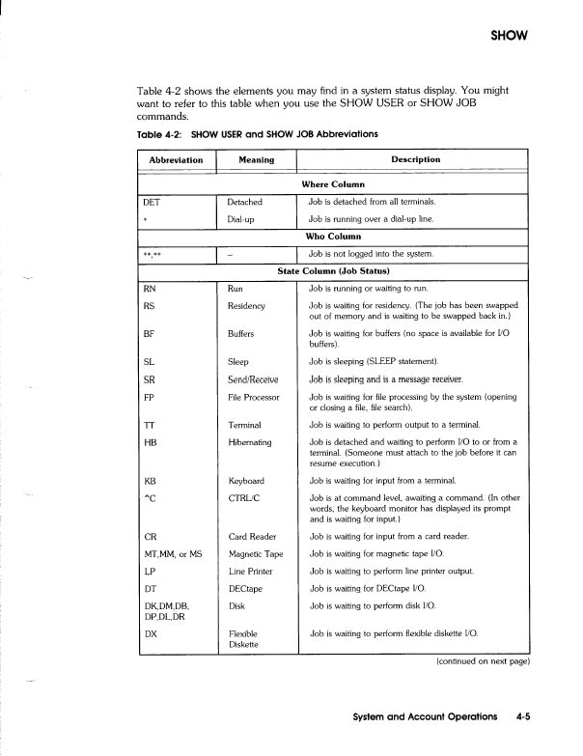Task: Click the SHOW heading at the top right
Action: [513, 37]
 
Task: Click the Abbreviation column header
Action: [177, 159]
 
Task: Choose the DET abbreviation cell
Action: [151, 202]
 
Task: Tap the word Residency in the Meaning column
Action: [250, 305]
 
